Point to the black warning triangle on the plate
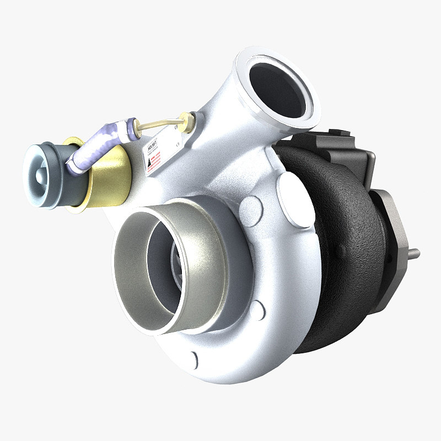pos(148,163)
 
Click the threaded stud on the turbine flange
pos(413,253)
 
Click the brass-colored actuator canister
pos(105,176)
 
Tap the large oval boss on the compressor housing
pos(296,198)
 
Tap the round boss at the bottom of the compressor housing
pos(191,359)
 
